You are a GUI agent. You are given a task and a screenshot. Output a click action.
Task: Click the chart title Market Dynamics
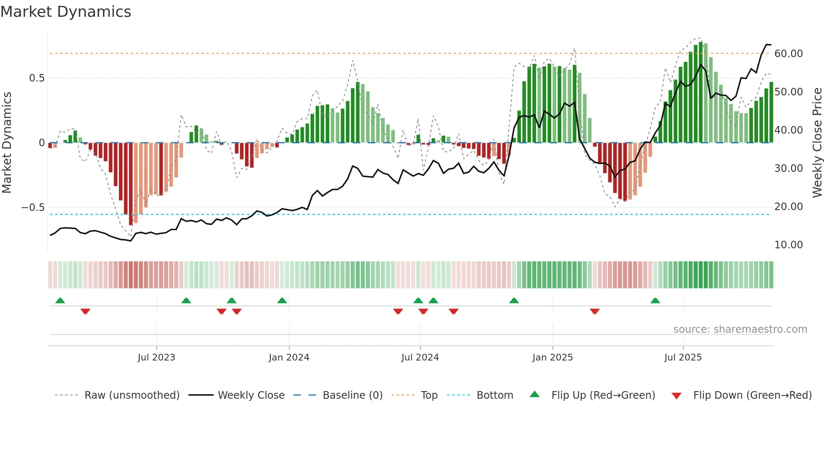66,12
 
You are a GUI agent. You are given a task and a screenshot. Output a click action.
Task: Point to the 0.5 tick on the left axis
37,78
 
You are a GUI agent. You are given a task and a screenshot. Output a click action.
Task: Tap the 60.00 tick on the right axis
788,54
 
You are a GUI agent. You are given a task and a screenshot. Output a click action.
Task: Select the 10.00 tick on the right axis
788,245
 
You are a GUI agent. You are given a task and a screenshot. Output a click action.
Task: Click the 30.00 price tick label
788,168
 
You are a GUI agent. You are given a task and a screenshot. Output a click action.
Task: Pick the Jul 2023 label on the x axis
156,358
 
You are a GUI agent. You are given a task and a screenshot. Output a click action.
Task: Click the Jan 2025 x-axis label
552,358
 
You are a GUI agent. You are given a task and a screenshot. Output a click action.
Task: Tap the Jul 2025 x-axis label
683,358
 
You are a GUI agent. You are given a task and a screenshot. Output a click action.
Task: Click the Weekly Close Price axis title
817,143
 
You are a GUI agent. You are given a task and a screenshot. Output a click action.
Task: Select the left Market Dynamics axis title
7,143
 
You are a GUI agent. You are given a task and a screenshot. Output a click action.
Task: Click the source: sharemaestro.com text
740,329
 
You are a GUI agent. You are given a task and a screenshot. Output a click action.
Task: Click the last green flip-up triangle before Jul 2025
655,301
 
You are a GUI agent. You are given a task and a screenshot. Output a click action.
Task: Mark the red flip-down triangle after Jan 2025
594,311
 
